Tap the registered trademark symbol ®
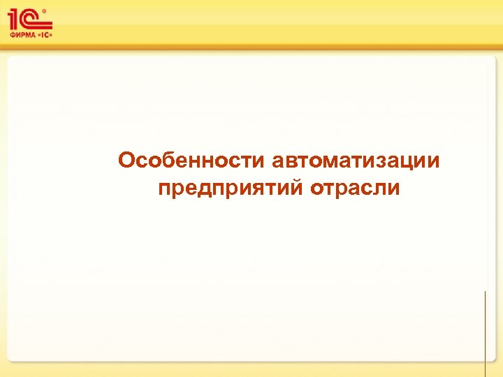click(45, 11)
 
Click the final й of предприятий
click(295, 187)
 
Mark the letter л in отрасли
click(379, 188)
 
